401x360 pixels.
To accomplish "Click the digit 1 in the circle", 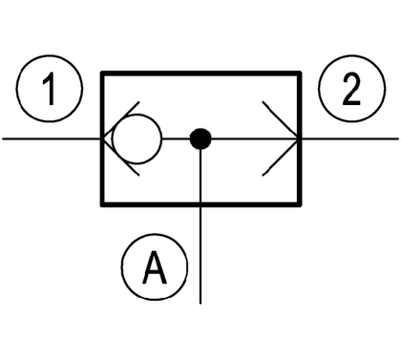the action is [50, 89].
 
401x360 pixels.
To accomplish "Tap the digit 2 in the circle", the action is [351, 89].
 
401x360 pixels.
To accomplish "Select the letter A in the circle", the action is [155, 267].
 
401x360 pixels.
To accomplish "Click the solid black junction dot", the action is [200, 138].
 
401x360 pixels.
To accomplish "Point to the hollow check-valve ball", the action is [137, 138].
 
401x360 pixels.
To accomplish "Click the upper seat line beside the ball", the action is [120, 120].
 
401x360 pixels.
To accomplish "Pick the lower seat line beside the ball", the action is [120, 158].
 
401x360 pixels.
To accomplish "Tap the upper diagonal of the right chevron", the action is [281, 120].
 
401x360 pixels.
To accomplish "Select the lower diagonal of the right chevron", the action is [281, 158].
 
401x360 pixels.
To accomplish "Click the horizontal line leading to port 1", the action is [53, 138].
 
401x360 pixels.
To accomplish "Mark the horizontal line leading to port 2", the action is [349, 138].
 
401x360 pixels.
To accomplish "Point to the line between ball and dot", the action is [176, 138].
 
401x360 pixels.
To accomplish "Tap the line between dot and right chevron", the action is [255, 138].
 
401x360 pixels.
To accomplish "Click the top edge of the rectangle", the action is [200, 74].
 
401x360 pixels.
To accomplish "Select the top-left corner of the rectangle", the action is [102, 74].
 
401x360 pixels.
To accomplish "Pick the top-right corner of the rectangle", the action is [300, 74].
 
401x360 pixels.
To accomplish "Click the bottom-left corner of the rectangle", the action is [102, 204].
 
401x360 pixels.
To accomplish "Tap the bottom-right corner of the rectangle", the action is [300, 204].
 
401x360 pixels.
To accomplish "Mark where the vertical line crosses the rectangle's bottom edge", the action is [200, 204].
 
